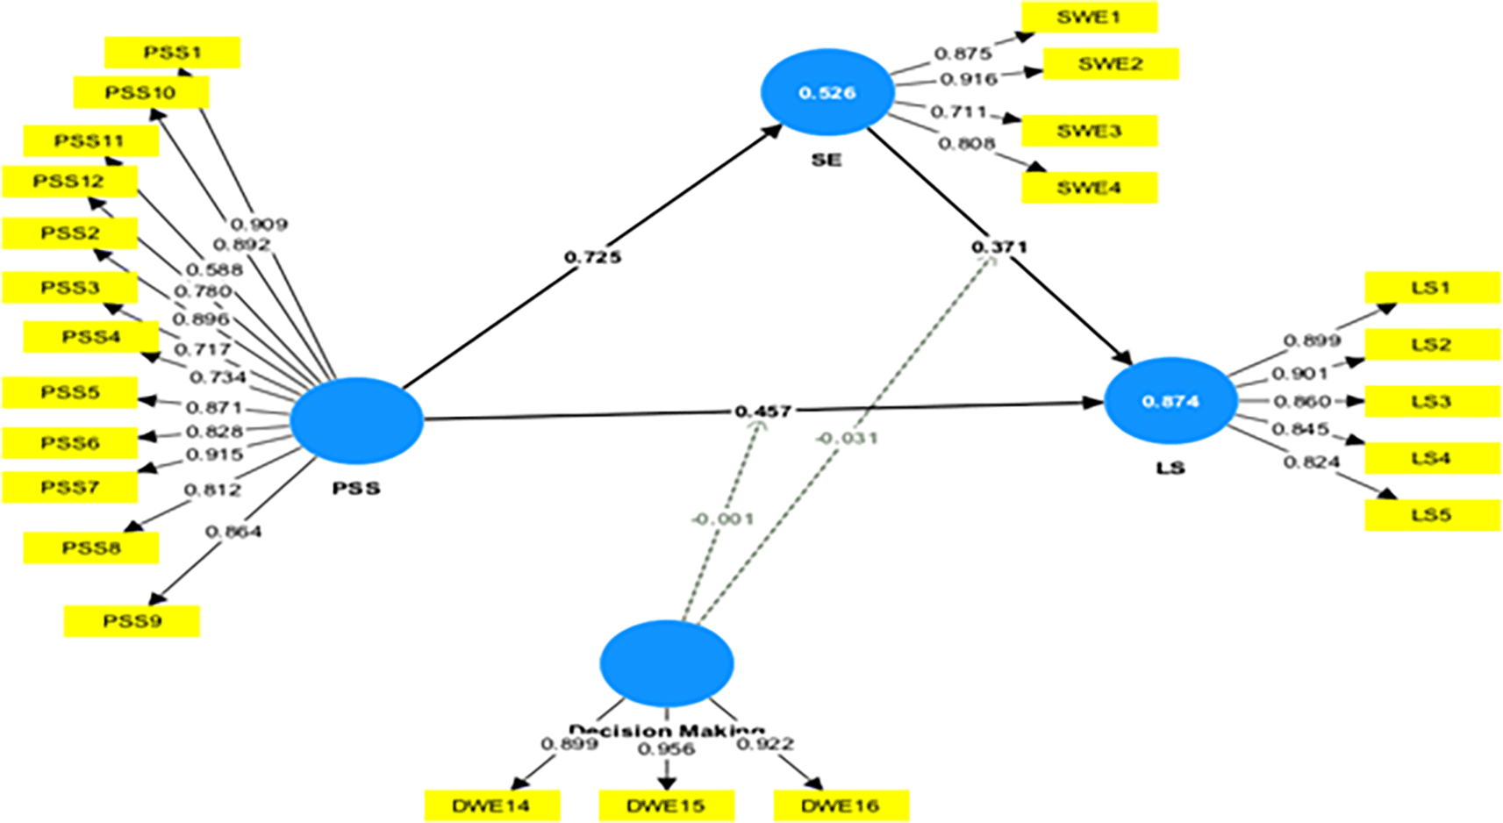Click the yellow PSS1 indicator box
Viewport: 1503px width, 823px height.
click(172, 53)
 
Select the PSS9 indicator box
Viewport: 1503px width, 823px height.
click(132, 621)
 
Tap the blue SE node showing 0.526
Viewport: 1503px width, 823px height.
click(827, 92)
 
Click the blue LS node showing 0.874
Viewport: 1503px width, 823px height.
click(1170, 401)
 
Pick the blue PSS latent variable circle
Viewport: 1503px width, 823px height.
click(356, 420)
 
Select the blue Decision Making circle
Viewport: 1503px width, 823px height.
click(667, 663)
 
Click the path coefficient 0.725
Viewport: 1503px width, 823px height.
click(593, 257)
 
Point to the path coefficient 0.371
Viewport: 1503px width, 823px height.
click(998, 247)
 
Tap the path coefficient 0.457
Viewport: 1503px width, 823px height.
click(763, 411)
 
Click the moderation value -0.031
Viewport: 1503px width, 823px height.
click(846, 438)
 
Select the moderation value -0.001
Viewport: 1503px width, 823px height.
click(722, 519)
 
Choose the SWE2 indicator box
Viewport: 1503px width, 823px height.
click(1110, 64)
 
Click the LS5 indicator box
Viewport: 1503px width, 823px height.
click(1431, 515)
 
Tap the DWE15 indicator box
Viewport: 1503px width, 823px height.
click(666, 805)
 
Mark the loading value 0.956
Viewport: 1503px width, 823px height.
click(666, 749)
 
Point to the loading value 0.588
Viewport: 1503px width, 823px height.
click(214, 269)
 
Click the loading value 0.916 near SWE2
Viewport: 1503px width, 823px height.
click(969, 79)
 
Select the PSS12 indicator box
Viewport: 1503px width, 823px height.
click(69, 182)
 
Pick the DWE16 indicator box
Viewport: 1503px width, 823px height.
click(841, 805)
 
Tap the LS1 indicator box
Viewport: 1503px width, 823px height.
click(1431, 288)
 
